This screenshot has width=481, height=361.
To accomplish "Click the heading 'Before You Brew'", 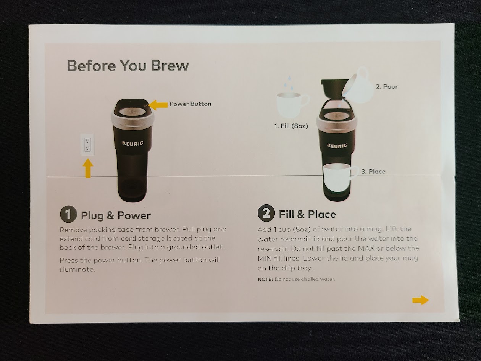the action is tap(128, 66).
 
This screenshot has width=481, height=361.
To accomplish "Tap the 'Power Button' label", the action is tap(190, 104).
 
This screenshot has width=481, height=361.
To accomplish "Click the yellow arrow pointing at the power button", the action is tap(158, 105).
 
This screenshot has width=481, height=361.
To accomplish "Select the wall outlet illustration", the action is tap(87, 144).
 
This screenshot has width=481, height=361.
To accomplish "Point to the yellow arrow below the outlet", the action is tap(88, 168).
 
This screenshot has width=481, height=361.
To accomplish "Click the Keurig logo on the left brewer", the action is tap(132, 143).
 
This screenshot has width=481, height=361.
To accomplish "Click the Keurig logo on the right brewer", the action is tap(337, 146).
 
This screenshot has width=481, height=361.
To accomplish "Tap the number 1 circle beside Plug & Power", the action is tap(68, 214).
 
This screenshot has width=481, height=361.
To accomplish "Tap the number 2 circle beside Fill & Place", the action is tap(266, 213).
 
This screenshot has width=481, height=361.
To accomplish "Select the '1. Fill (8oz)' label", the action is tap(291, 126).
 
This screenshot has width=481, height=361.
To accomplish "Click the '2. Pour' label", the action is tap(387, 87).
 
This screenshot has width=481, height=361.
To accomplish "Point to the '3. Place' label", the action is tap(373, 172).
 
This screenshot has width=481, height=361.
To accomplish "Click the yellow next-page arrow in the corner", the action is tap(420, 300).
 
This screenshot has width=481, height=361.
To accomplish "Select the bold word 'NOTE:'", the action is tap(265, 280).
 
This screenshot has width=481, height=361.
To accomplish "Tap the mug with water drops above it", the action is tap(292, 105).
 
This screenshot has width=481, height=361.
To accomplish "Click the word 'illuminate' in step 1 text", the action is tap(77, 269).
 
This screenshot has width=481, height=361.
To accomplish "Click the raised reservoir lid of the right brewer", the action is tap(332, 88).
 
